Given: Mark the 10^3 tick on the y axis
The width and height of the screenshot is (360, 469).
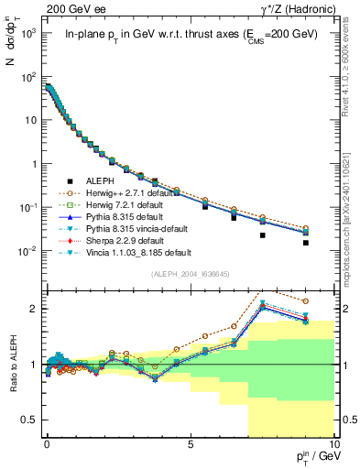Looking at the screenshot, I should click(30, 33).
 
